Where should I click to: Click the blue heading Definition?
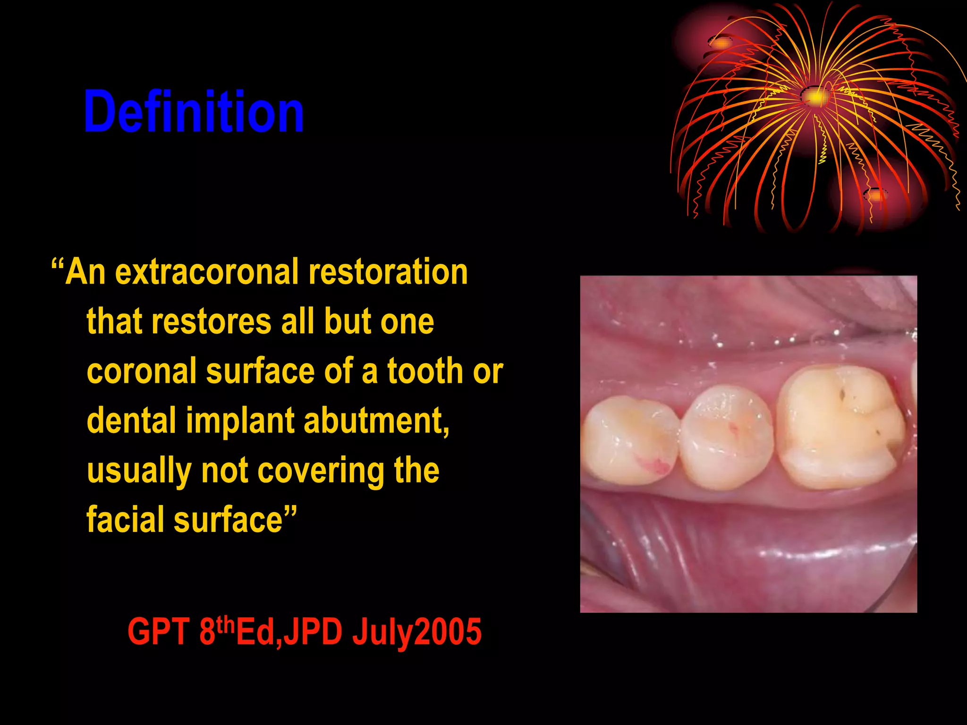pyautogui.click(x=194, y=112)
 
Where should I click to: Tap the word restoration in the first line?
pyautogui.click(x=388, y=272)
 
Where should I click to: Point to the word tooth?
pyautogui.click(x=425, y=371)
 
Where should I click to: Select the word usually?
pyautogui.click(x=139, y=472)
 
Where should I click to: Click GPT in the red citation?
pyautogui.click(x=158, y=632)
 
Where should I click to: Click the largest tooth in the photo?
pyautogui.click(x=840, y=427)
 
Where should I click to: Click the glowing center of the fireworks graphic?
pyautogui.click(x=816, y=97)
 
